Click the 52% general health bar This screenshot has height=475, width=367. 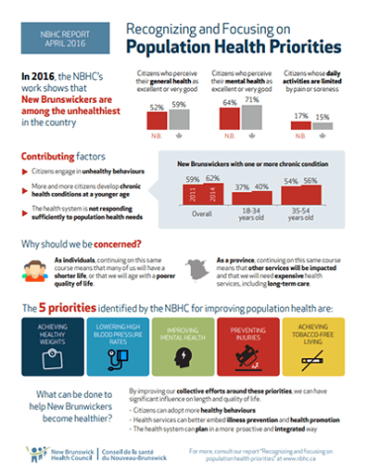coord(157,120)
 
